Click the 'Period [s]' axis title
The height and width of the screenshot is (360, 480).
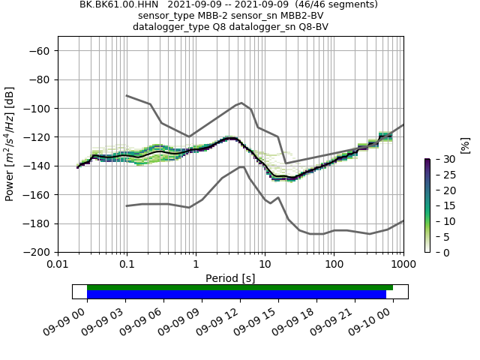[230, 278]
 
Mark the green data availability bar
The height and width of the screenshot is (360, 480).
[240, 287]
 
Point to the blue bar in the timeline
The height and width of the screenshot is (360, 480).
[236, 295]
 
